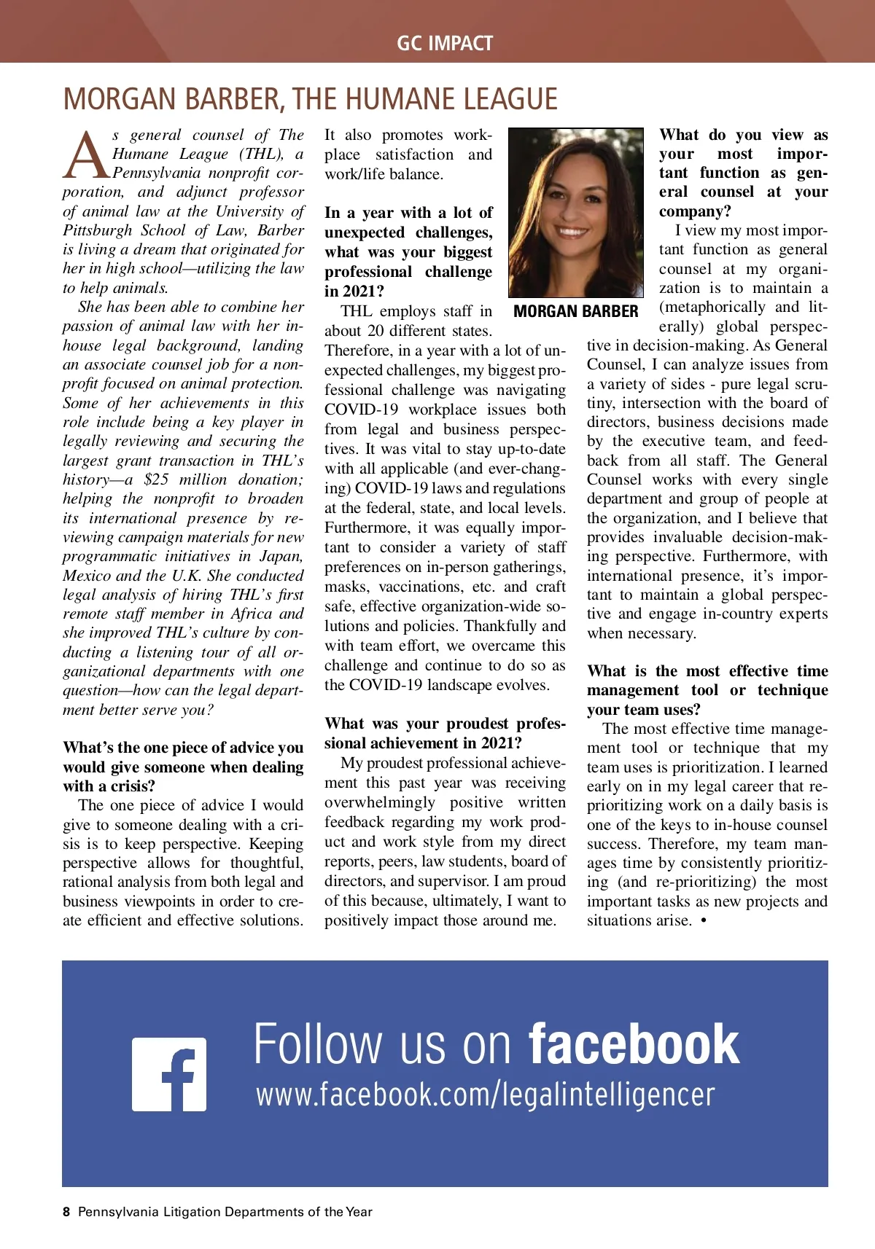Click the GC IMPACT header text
pyautogui.click(x=445, y=44)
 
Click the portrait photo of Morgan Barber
pyautogui.click(x=575, y=213)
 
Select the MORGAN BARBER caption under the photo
pyautogui.click(x=575, y=312)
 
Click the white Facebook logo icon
pyautogui.click(x=169, y=1074)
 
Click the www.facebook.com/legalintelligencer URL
pyautogui.click(x=485, y=1095)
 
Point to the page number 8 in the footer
pyautogui.click(x=66, y=1212)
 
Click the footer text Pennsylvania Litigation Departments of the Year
pyautogui.click(x=225, y=1212)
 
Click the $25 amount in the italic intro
pyautogui.click(x=156, y=479)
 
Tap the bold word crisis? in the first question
pyautogui.click(x=133, y=786)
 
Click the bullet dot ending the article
pyautogui.click(x=703, y=921)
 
